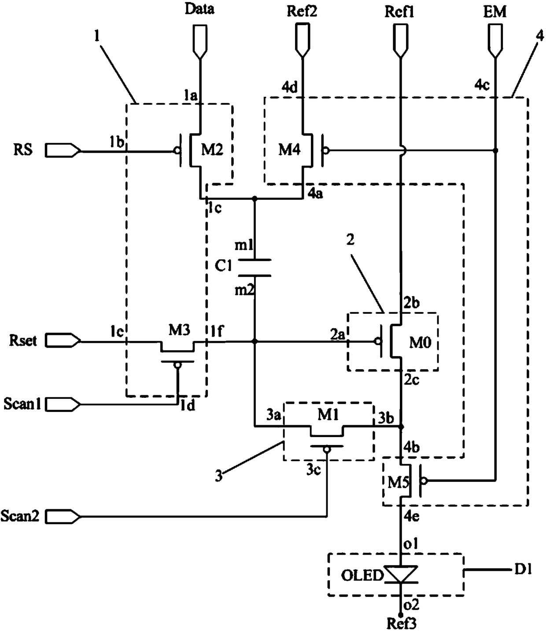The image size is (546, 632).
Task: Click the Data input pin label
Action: (200, 9)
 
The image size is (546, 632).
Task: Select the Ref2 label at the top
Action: (302, 11)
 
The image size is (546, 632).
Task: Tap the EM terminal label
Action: (494, 12)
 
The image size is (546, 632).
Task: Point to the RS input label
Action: (23, 150)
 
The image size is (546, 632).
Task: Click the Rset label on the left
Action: (23, 341)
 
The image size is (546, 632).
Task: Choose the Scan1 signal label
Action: (22, 404)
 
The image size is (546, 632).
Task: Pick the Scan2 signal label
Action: (20, 516)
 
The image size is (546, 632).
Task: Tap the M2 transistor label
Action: (212, 150)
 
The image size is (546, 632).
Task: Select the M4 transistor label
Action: (289, 150)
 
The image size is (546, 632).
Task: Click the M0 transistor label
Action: (420, 343)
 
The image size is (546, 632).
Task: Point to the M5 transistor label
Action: (398, 482)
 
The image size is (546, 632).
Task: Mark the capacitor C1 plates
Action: (255, 268)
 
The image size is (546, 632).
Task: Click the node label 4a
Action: (315, 194)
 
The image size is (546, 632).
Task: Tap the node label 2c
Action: (411, 380)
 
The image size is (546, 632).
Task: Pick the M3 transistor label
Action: (180, 330)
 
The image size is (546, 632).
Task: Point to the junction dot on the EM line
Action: (495, 151)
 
